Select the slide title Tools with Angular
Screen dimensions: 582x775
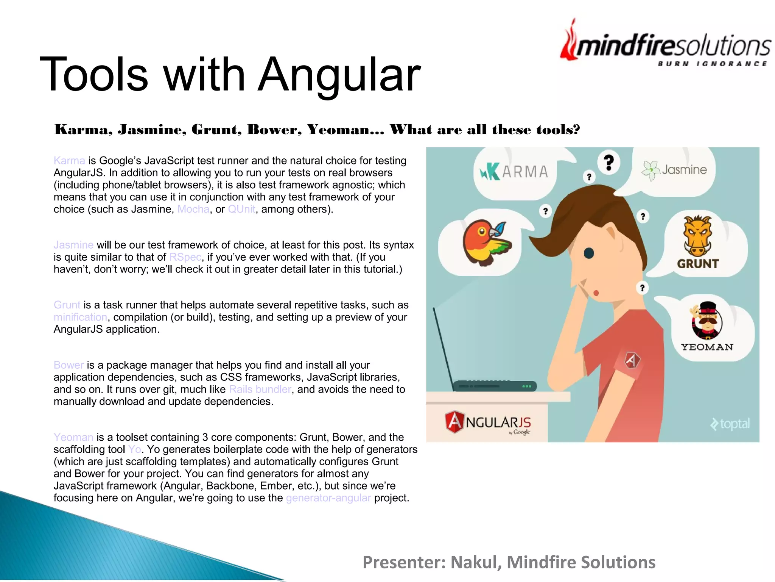pos(230,74)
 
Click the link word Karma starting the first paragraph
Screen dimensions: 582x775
pos(69,161)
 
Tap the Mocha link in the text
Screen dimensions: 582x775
pos(193,209)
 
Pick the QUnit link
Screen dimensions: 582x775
pos(241,209)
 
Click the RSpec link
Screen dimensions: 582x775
pos(185,257)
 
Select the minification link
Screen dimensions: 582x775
pos(80,317)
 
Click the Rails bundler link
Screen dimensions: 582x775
pos(260,390)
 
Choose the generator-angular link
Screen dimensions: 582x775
pos(328,498)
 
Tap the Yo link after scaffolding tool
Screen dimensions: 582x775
pos(134,449)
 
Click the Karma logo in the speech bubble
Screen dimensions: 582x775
pos(514,172)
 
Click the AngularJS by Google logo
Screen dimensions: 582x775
pos(488,422)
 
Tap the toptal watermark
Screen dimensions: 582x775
pos(730,424)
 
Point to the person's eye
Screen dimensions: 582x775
pos(589,253)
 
